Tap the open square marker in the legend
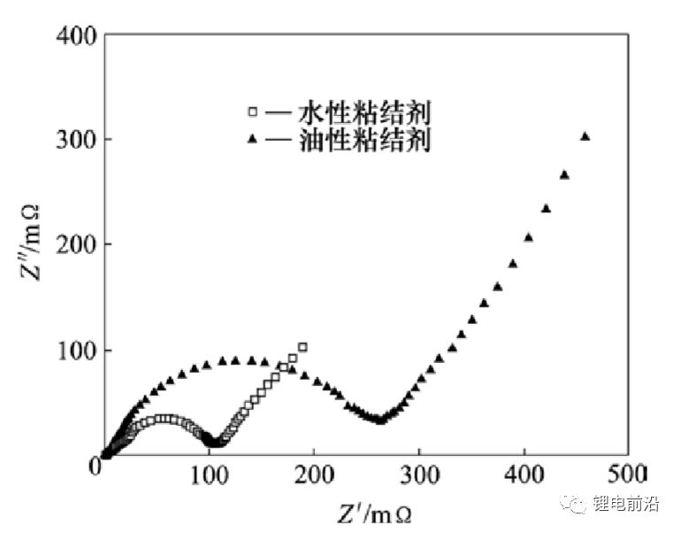253,112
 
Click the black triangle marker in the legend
253,139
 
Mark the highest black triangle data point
585,136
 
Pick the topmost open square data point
302,347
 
